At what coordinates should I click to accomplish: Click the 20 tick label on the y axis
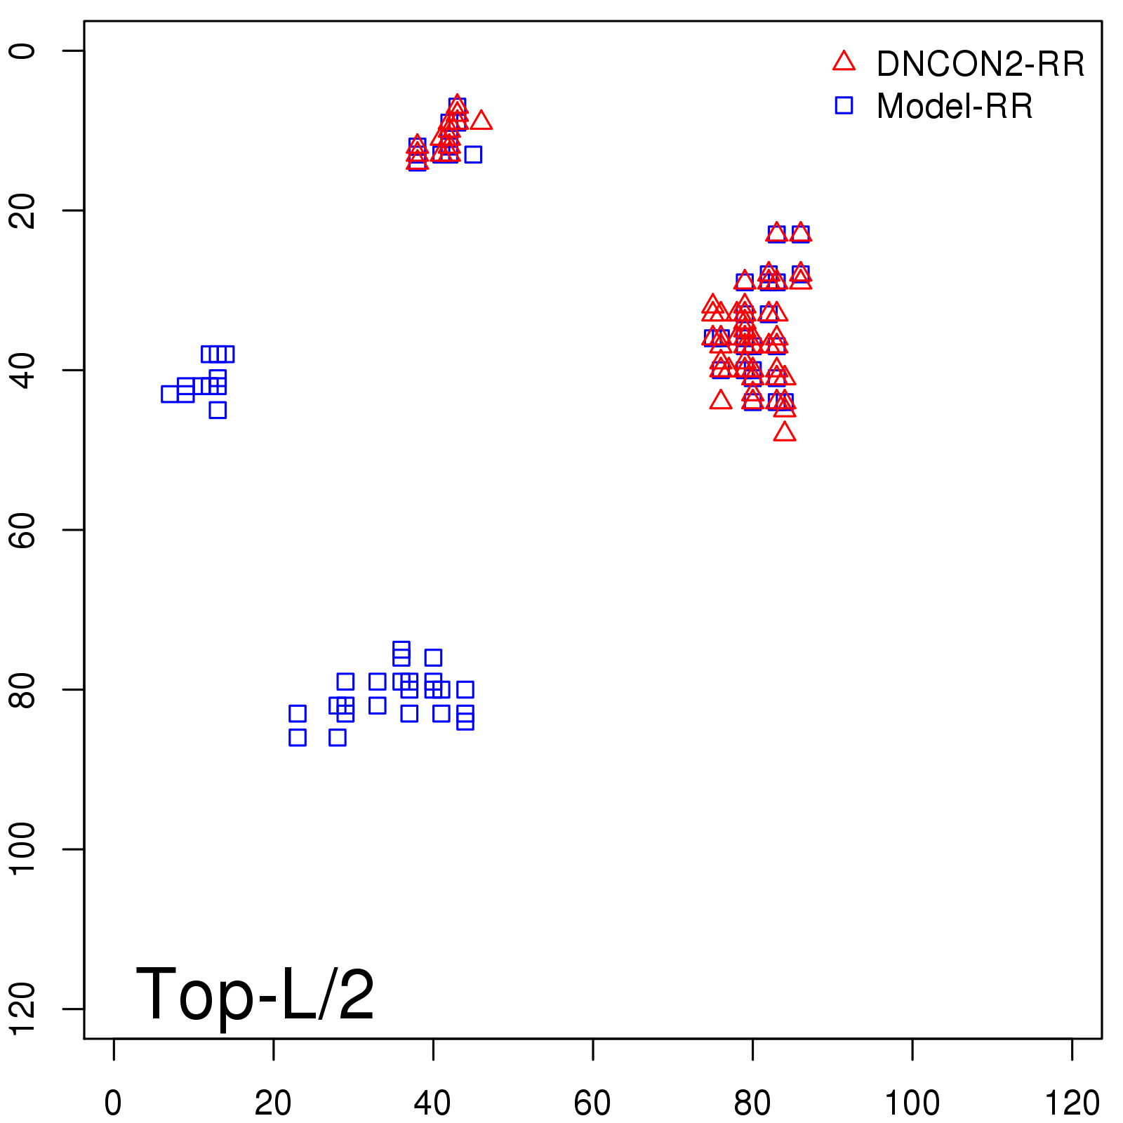22,210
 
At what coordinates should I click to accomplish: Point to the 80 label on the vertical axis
22,689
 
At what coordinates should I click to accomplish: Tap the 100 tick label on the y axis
22,849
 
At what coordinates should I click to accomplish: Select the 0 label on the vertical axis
22,51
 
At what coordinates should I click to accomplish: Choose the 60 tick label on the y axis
22,529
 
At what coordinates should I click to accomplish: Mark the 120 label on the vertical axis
22,1009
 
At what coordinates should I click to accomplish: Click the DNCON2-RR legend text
981,65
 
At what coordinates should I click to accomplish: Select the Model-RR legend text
955,107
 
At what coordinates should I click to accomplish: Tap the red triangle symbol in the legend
844,62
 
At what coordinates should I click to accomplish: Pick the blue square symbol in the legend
844,105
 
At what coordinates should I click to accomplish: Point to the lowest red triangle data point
785,432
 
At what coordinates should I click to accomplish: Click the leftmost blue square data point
170,394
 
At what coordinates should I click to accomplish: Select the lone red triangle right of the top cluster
481,121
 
